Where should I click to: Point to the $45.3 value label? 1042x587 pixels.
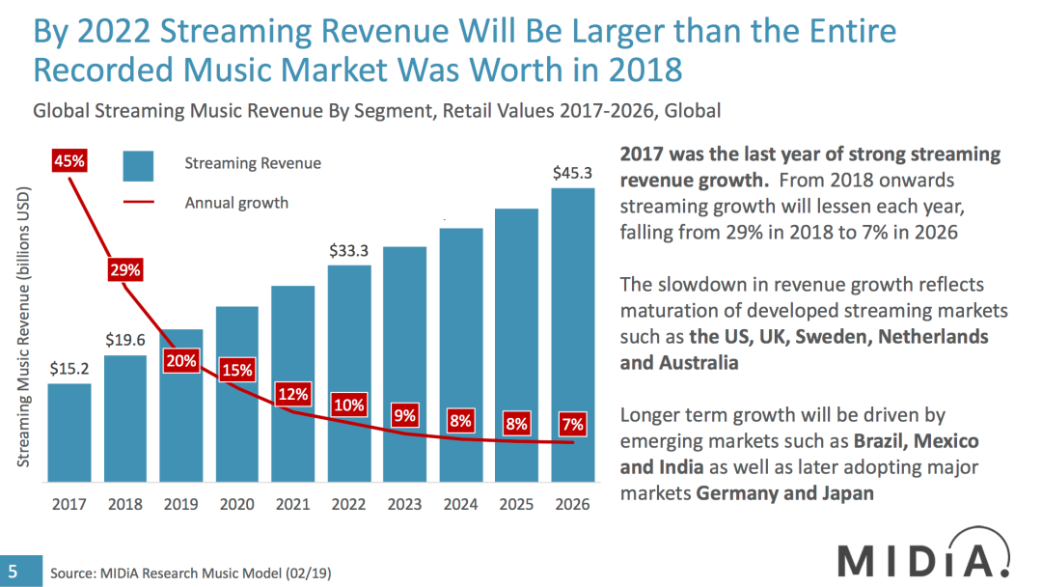573,174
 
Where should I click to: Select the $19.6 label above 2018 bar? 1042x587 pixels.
125,340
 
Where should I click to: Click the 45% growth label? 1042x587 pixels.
69,162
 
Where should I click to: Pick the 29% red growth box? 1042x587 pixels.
125,270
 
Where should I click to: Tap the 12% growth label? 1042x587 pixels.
293,394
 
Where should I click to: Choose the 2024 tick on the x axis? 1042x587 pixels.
461,504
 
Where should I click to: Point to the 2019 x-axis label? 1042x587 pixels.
181,504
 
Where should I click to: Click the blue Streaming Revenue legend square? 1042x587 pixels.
138,165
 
